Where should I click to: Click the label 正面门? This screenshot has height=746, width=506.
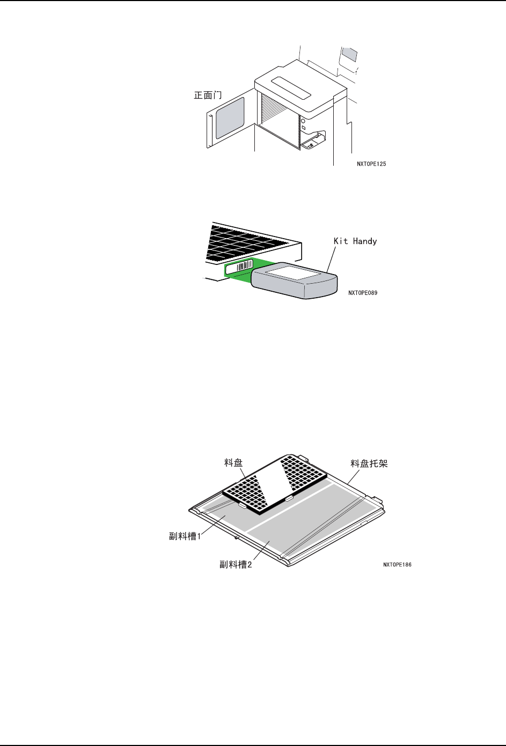208,96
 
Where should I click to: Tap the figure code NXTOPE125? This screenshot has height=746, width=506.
371,164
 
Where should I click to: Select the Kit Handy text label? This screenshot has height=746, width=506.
355,241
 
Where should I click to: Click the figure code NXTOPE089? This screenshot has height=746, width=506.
363,293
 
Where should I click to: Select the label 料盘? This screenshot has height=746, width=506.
233,462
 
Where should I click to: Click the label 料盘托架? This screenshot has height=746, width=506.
369,463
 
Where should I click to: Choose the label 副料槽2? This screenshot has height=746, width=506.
236,564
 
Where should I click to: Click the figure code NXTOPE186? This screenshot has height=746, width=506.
398,565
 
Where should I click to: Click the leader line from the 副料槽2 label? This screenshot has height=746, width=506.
261,550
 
